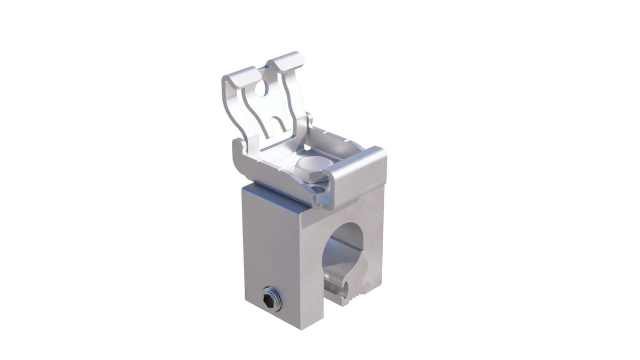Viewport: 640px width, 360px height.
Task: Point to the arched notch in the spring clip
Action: (x=278, y=124)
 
